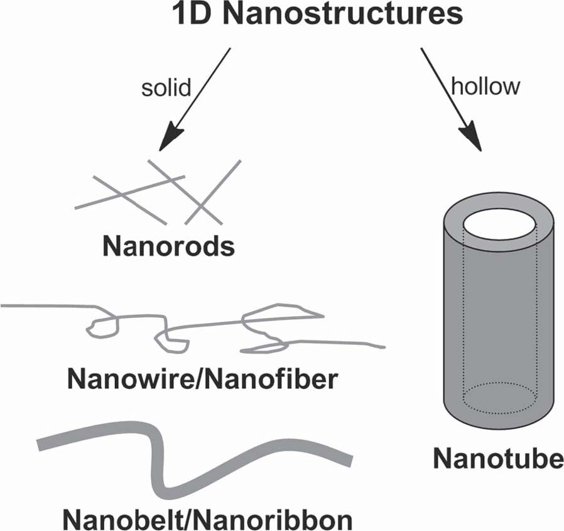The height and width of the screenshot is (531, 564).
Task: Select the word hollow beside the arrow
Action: point(485,86)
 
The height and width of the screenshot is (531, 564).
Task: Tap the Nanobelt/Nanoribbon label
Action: point(207,518)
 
